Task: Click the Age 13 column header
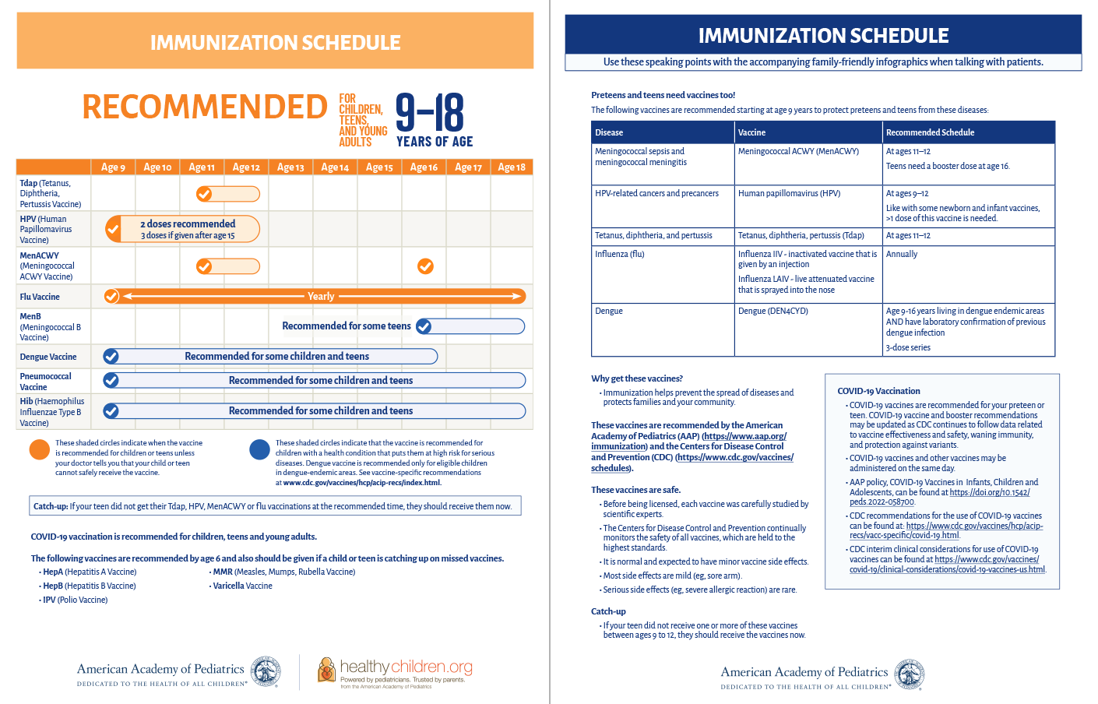click(290, 167)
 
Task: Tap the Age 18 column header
click(512, 167)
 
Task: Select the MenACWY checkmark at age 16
click(425, 266)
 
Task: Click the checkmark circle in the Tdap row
click(204, 194)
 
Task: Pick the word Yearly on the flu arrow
click(321, 296)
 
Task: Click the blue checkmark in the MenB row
click(424, 326)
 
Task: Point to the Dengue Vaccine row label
click(48, 357)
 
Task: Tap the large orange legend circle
click(40, 450)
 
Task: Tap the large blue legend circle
click(259, 450)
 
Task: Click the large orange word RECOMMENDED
click(205, 107)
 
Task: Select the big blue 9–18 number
click(430, 113)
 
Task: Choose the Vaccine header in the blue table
click(752, 132)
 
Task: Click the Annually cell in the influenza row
click(902, 254)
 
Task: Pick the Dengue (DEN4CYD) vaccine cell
click(773, 311)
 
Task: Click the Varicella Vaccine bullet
click(242, 586)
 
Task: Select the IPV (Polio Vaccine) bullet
click(75, 600)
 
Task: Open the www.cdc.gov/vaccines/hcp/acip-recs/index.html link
click(362, 483)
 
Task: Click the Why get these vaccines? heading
click(637, 378)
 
